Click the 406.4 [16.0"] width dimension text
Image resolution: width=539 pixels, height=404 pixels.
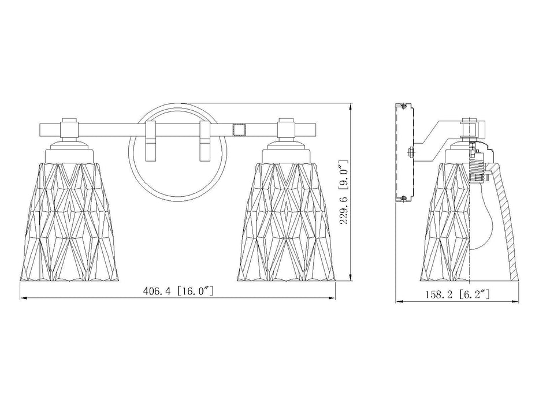point(178,291)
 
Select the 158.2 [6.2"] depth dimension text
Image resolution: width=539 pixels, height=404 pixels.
point(457,294)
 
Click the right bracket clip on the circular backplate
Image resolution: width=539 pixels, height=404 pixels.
point(205,141)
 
